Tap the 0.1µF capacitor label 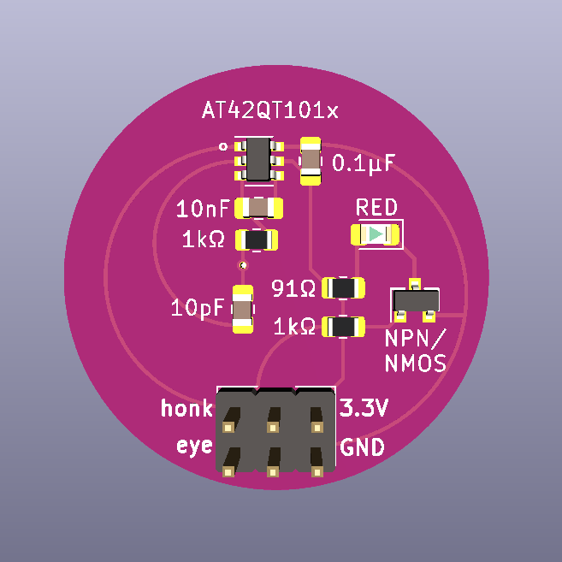click(364, 163)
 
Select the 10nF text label click(203, 208)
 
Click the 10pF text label click(198, 307)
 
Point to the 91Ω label click(293, 289)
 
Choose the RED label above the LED click(376, 208)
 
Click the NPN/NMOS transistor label click(416, 350)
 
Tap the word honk click(186, 410)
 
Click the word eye click(194, 446)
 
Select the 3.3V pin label click(364, 409)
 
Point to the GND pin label click(362, 447)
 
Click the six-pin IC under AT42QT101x click(257, 158)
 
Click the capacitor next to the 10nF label click(258, 208)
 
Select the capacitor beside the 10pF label click(243, 310)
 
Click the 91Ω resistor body click(344, 288)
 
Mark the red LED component click(376, 234)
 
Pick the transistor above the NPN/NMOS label click(415, 301)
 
